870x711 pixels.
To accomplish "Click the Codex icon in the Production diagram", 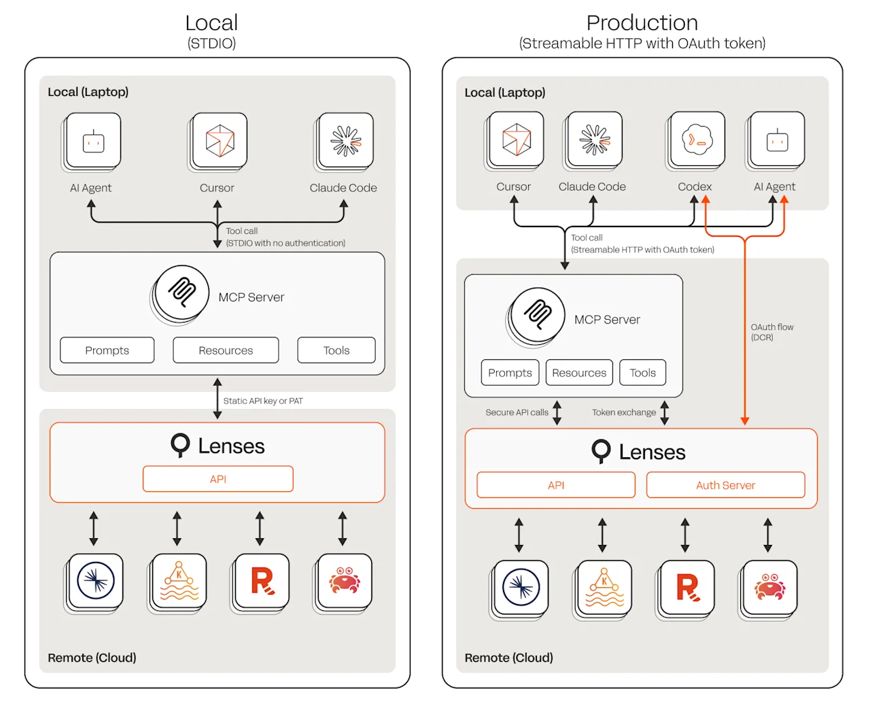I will (x=697, y=139).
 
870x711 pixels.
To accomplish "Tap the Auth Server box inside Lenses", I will (x=725, y=485).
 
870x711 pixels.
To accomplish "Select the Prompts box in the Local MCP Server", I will (x=107, y=350).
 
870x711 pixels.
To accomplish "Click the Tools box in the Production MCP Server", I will (x=642, y=373).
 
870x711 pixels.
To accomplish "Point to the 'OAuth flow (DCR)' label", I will (x=771, y=332).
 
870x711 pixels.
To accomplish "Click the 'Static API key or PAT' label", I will (x=263, y=401).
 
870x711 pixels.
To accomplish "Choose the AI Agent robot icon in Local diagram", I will (x=94, y=142).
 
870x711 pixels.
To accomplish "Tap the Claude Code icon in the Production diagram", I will (x=595, y=139).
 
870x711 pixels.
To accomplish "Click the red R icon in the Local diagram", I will (x=262, y=581).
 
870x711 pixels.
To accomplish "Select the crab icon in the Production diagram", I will (x=769, y=587).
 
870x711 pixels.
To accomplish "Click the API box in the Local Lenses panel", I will (x=217, y=479).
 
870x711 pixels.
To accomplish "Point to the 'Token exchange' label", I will (x=623, y=412).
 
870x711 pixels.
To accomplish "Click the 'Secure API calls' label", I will (x=517, y=412).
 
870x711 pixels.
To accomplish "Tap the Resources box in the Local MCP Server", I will (x=226, y=350).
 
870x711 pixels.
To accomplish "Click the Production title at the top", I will (x=642, y=23).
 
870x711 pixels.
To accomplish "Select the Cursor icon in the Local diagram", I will (x=220, y=141).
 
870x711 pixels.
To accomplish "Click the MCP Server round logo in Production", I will (x=538, y=314).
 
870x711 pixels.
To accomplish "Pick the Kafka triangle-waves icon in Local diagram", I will (x=179, y=581).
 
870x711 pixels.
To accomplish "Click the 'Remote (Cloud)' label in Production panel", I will (x=508, y=658).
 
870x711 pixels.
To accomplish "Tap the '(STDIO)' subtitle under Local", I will (x=211, y=44).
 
